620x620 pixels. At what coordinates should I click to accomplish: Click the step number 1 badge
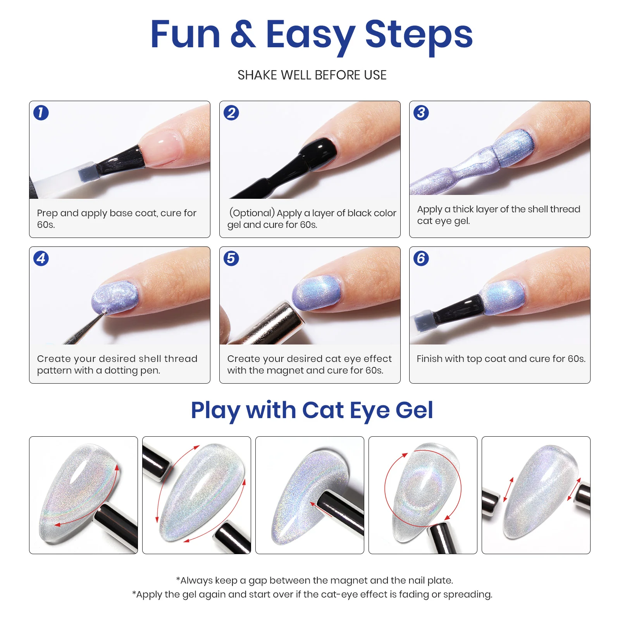[x=41, y=113]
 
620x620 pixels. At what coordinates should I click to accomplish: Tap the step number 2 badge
[x=231, y=113]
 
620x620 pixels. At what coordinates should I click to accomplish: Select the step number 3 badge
[x=421, y=113]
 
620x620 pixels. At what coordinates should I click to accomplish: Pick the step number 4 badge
[x=41, y=258]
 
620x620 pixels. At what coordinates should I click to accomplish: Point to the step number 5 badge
[x=231, y=258]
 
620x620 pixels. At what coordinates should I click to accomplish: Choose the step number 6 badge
[x=421, y=258]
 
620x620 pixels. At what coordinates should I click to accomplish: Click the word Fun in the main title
[x=185, y=34]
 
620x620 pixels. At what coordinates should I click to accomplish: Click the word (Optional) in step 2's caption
[x=252, y=213]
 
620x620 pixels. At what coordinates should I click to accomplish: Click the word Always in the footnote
[x=196, y=580]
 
